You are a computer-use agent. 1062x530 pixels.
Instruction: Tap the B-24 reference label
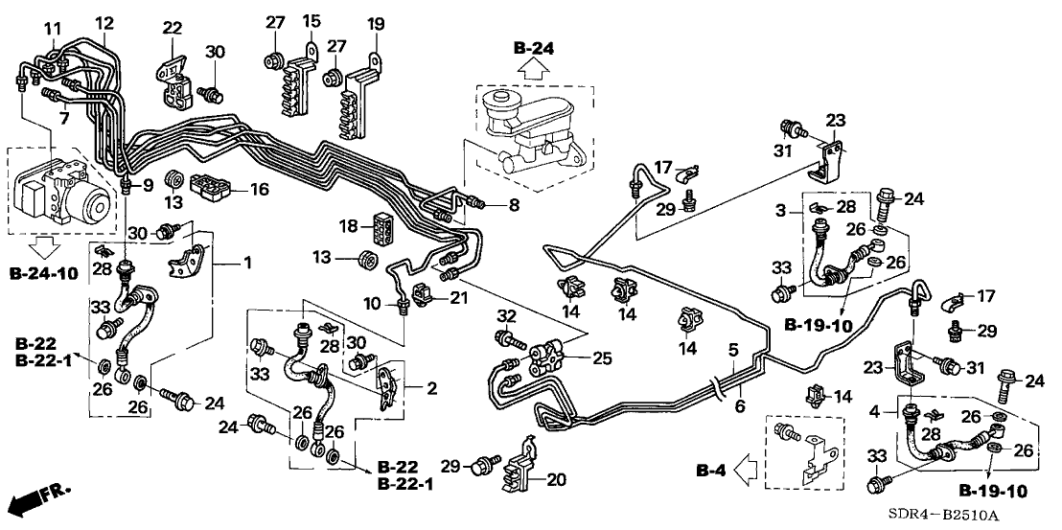(x=534, y=48)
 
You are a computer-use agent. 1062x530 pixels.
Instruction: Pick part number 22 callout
(x=173, y=27)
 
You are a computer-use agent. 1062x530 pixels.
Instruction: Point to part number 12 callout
(x=104, y=21)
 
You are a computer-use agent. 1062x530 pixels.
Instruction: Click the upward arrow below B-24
(x=534, y=69)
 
